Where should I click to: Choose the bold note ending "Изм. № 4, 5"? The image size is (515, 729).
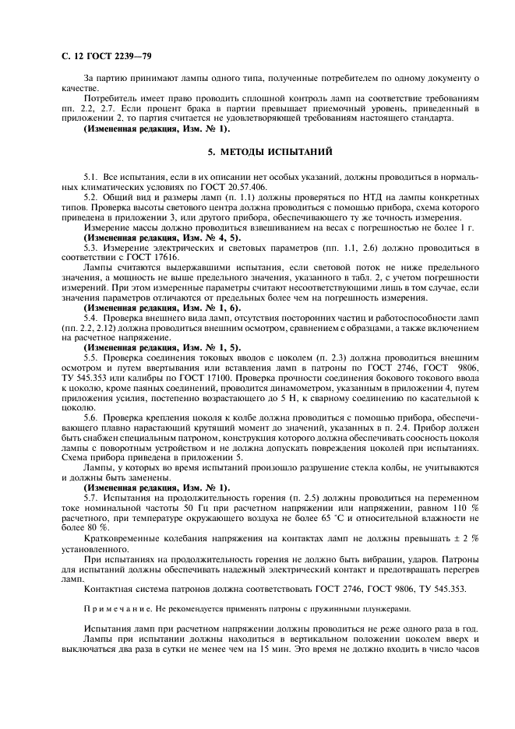point(146,237)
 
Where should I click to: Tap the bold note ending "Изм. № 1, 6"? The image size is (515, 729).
point(146,308)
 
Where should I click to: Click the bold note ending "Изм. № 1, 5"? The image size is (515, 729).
point(146,347)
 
